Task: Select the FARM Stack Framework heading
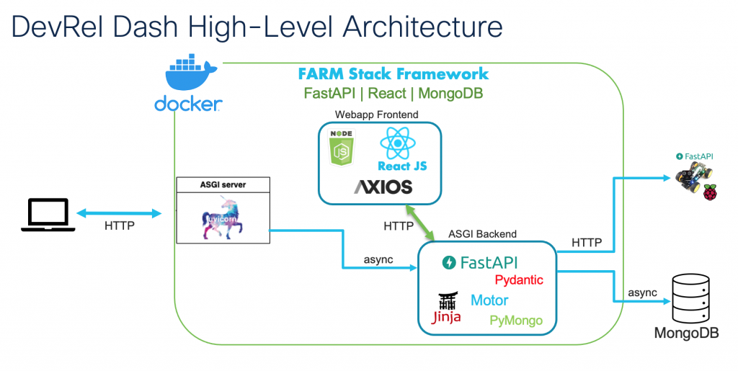394,73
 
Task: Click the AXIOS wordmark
383,187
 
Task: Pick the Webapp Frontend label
376,115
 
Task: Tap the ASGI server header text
222,184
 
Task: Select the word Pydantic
519,280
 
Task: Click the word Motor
489,300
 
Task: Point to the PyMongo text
516,321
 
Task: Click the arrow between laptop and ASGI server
119,213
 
